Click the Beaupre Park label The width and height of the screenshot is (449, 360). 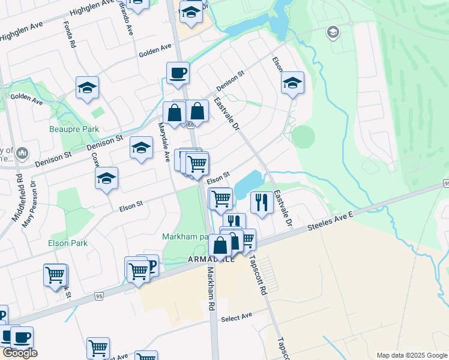point(74,128)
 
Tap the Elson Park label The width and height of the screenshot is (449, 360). point(67,243)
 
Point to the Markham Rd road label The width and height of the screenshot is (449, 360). point(211,289)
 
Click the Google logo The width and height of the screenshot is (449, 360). point(19,352)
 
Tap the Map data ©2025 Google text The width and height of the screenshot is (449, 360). point(411,355)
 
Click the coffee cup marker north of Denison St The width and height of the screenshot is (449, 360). point(178,73)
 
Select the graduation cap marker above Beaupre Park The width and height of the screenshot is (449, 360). point(87,88)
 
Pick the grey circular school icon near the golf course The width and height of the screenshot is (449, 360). point(333,32)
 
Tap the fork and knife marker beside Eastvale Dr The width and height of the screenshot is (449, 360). point(261,202)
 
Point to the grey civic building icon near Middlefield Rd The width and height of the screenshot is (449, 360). point(22,154)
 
